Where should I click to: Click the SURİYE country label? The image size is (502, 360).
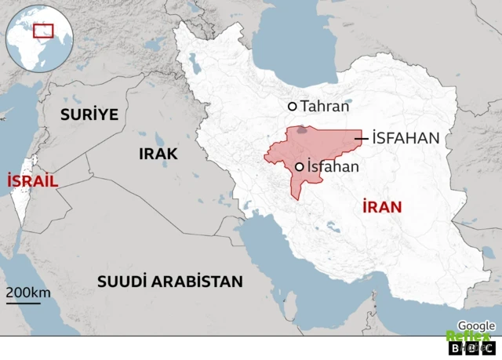tap(91, 115)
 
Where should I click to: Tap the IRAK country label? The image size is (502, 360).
tap(158, 154)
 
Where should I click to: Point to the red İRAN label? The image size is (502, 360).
tap(382, 207)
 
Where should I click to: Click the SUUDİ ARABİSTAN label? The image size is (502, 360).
tap(170, 282)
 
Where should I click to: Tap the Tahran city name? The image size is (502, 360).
tap(325, 106)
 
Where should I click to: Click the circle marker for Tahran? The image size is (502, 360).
tap(293, 106)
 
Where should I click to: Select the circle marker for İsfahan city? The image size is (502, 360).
tap(299, 166)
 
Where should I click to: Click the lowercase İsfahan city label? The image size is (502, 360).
tap(333, 166)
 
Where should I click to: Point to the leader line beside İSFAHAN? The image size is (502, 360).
tap(362, 139)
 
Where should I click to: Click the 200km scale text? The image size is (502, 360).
tap(28, 293)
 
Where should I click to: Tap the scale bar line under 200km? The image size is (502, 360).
tap(23, 303)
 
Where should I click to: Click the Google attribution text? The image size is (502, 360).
tap(476, 325)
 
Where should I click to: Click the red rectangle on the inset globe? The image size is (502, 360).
tap(43, 31)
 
